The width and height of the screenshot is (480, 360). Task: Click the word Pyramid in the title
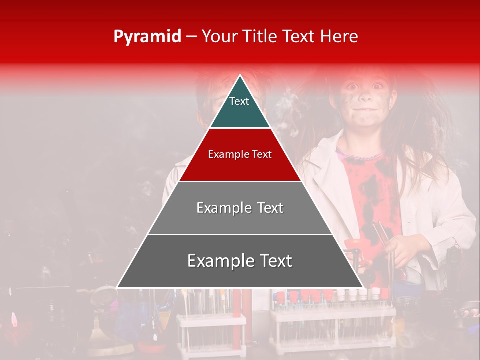[147, 37]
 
